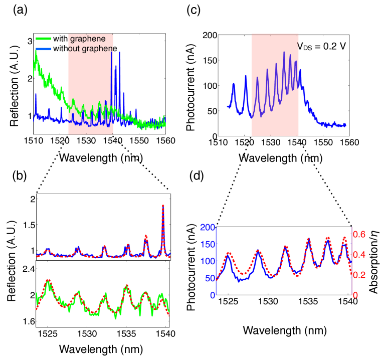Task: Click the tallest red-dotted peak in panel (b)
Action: click(x=163, y=205)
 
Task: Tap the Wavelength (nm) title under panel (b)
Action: click(x=101, y=348)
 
